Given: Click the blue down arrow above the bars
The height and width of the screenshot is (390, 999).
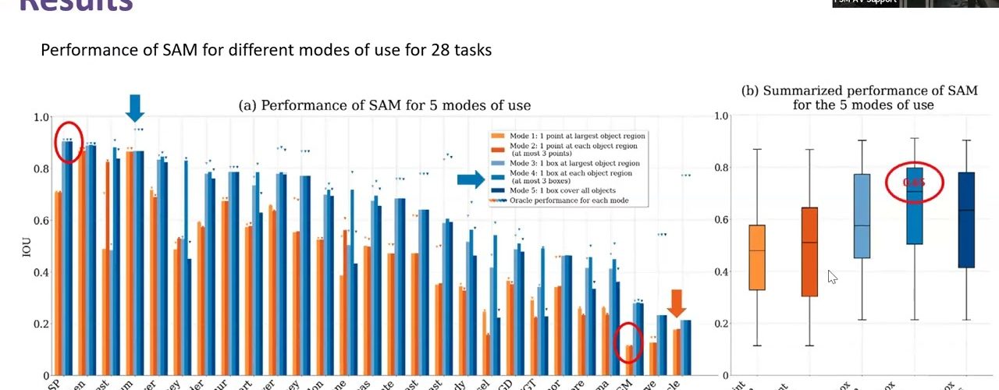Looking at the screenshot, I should [x=134, y=107].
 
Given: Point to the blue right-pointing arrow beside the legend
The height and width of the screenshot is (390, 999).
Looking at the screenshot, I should [x=470, y=180].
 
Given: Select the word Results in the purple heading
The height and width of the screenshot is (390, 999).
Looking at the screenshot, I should [x=75, y=6].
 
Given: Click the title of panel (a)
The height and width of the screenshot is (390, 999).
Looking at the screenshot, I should [x=384, y=105].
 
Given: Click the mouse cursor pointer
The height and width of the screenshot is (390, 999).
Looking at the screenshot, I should [x=832, y=277].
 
